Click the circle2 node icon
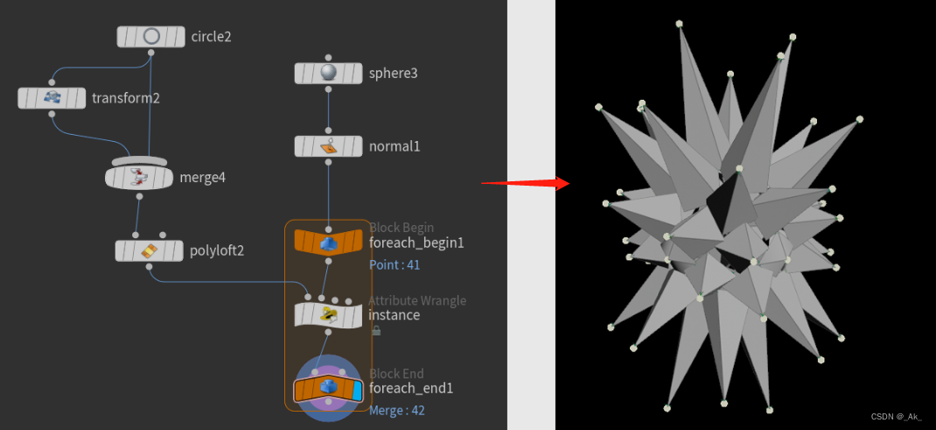(151, 37)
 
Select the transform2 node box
(52, 98)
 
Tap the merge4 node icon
(139, 178)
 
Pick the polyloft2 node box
(149, 251)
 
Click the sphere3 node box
(328, 74)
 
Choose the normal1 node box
(328, 146)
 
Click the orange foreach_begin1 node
(328, 242)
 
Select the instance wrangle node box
(328, 314)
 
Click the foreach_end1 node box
(328, 388)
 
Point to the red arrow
(526, 183)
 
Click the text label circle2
(211, 37)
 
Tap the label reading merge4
(202, 178)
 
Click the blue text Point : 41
(395, 264)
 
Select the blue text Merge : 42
(397, 410)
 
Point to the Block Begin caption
(402, 228)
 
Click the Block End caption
(396, 374)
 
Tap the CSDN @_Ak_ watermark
(897, 417)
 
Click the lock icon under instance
(375, 331)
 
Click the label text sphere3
(393, 74)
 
